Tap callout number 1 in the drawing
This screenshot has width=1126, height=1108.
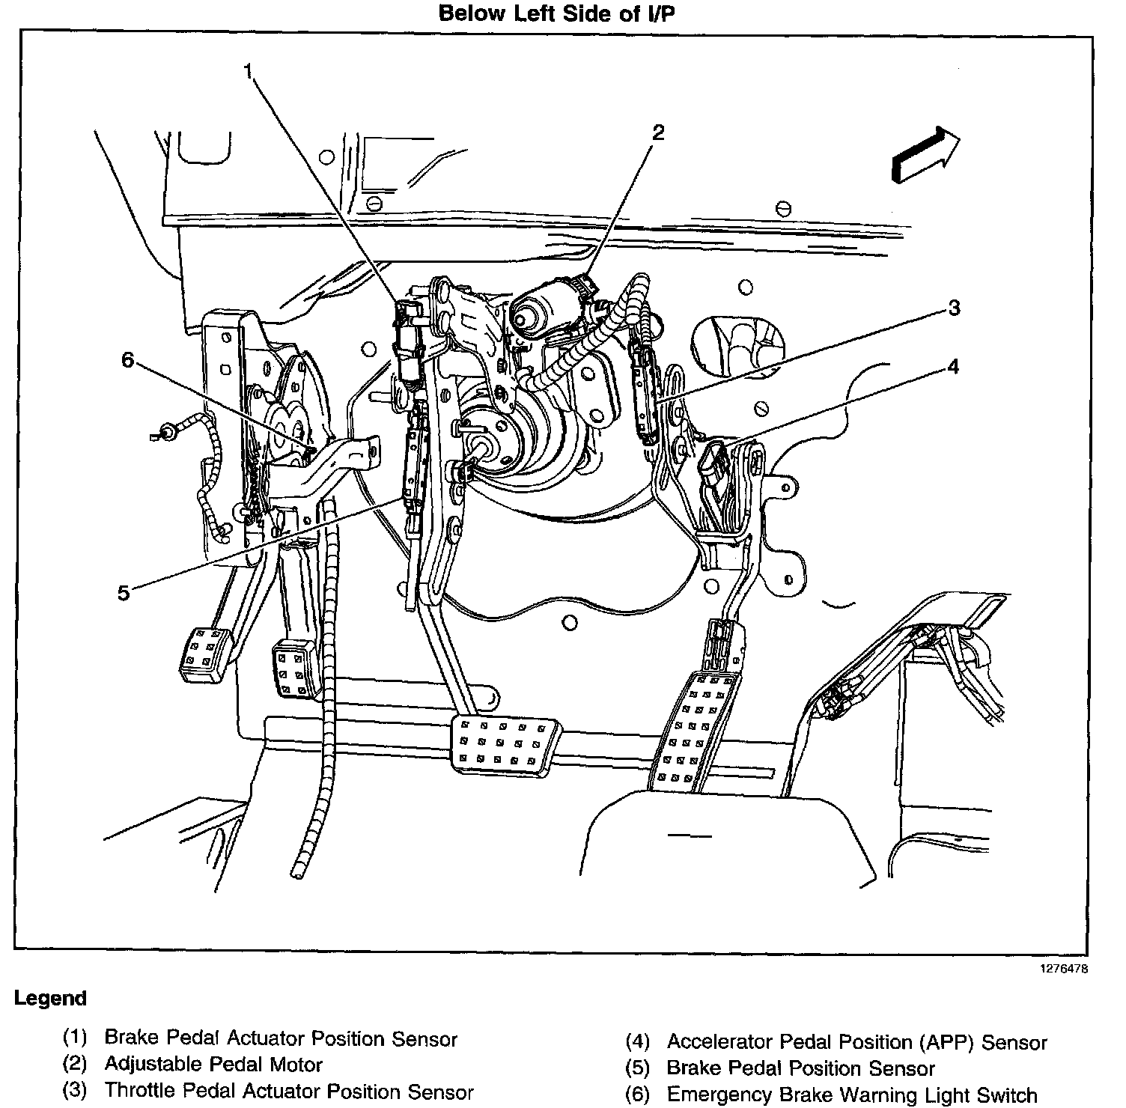pos(248,71)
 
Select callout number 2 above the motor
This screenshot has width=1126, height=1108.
pos(657,133)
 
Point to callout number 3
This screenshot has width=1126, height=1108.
pos(953,308)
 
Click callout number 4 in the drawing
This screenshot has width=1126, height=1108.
pos(952,366)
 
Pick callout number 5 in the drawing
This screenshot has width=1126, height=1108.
pos(124,593)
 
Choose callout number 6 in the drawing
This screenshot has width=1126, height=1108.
pos(128,360)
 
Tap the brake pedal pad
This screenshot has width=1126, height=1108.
pos(504,744)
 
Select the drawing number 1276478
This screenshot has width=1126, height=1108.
pos(1062,968)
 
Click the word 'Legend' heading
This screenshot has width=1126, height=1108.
pos(50,999)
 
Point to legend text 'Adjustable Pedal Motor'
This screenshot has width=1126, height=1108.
pos(213,1065)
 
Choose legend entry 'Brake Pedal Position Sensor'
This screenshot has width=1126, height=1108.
pos(800,1068)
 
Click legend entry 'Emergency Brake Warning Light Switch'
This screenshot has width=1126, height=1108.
pos(851,1095)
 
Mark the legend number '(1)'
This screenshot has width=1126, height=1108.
pos(75,1038)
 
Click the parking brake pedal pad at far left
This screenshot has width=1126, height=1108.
pos(204,654)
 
